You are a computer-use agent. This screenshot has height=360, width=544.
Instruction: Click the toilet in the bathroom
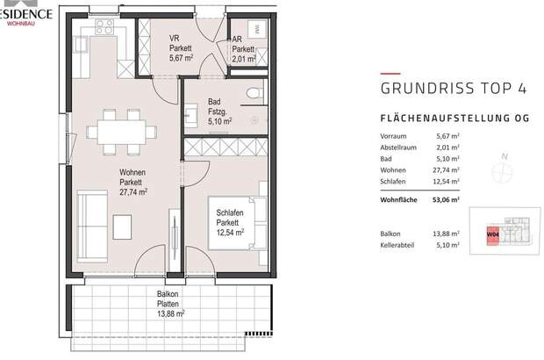pyautogui.click(x=254, y=94)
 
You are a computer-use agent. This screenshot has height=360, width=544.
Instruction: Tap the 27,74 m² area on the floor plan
pyautogui.click(x=132, y=191)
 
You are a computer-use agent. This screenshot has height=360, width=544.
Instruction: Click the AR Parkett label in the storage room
pyautogui.click(x=241, y=50)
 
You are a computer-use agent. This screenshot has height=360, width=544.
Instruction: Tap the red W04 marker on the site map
pyautogui.click(x=492, y=235)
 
